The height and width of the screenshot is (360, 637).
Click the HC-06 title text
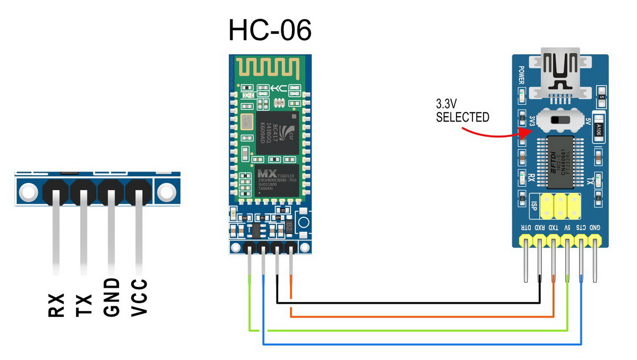click(x=270, y=31)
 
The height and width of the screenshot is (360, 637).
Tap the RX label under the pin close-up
click(x=56, y=305)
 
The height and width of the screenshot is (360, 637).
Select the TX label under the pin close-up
click(x=84, y=305)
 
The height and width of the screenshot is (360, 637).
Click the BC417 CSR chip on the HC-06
click(x=277, y=133)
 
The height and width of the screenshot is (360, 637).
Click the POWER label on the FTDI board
click(x=521, y=76)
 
